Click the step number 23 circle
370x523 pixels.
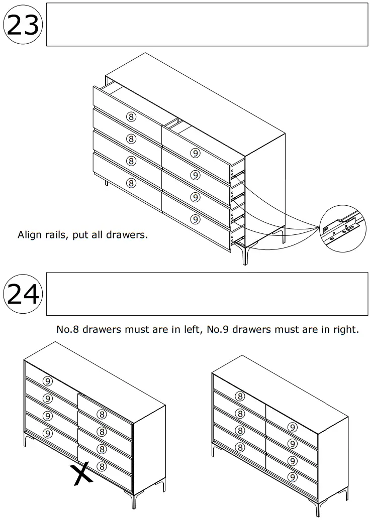[x=23, y=25]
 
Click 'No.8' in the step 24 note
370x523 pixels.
[x=68, y=330]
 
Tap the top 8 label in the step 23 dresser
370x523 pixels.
[x=131, y=116]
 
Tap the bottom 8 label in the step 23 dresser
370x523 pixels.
[x=131, y=183]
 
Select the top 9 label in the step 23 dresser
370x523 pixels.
[x=196, y=153]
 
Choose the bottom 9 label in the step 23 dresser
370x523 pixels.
[x=196, y=219]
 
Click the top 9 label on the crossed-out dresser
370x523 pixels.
[x=47, y=381]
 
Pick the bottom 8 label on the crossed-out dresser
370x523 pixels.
[x=102, y=466]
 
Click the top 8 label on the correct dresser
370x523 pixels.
[x=240, y=397]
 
